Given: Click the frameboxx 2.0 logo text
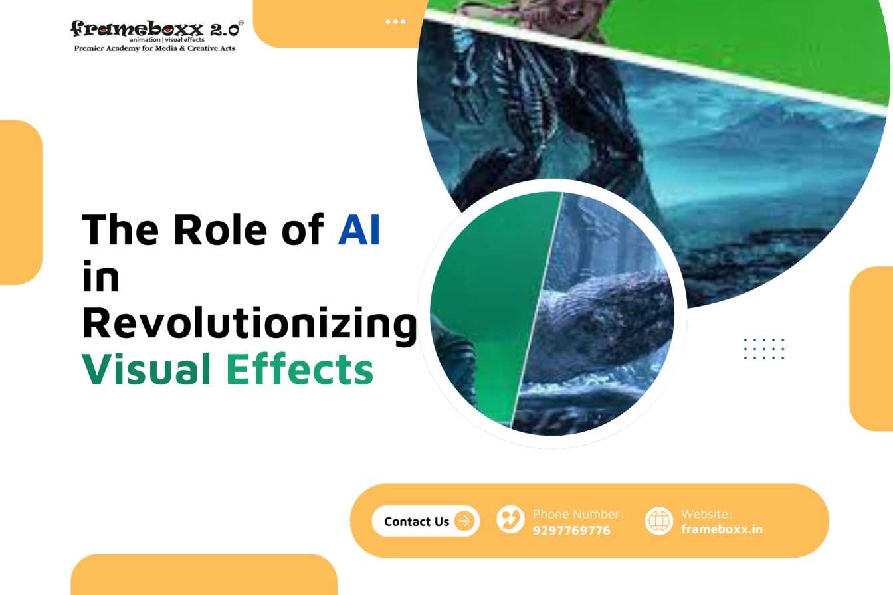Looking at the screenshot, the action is pyautogui.click(x=155, y=29).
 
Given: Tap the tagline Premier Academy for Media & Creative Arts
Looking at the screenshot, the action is pyautogui.click(x=155, y=48).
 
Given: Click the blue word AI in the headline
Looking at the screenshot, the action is pyautogui.click(x=359, y=230).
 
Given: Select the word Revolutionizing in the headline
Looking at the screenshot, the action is pyautogui.click(x=250, y=324).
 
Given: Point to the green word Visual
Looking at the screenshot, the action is pyautogui.click(x=146, y=369).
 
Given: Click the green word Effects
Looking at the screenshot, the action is pyautogui.click(x=300, y=369).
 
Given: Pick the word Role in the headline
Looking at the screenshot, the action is pyautogui.click(x=221, y=229).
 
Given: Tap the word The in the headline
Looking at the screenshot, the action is pyautogui.click(x=120, y=229).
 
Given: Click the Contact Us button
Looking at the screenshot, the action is pyautogui.click(x=426, y=521).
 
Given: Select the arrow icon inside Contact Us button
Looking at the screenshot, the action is pyautogui.click(x=464, y=521).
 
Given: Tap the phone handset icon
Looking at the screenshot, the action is pyautogui.click(x=510, y=519).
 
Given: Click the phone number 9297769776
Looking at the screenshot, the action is pyautogui.click(x=571, y=531).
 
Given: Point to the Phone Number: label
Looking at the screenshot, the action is pyautogui.click(x=578, y=514).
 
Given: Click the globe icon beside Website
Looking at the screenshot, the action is pyautogui.click(x=659, y=521).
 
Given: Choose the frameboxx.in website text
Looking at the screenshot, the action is pyautogui.click(x=722, y=529).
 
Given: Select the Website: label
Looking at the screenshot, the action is pyautogui.click(x=706, y=514).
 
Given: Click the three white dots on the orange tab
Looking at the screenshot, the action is pyautogui.click(x=395, y=21).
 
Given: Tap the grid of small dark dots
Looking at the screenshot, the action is pyautogui.click(x=764, y=349).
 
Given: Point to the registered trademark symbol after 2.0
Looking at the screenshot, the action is pyautogui.click(x=241, y=23).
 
